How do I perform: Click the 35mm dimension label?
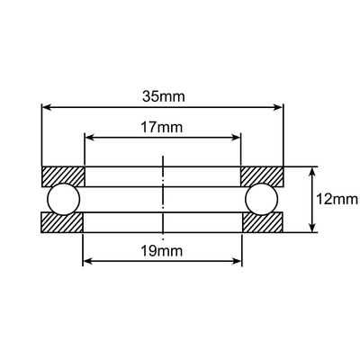click(x=163, y=93)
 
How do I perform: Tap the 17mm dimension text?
click(x=163, y=128)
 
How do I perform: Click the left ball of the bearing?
click(x=64, y=199)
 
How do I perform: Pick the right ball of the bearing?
click(x=262, y=199)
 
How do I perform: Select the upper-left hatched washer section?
click(x=63, y=175)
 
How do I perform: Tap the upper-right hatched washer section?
click(x=263, y=175)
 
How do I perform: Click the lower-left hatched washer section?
click(x=63, y=223)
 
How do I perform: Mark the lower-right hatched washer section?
click(x=263, y=223)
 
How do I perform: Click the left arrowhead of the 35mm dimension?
click(x=47, y=107)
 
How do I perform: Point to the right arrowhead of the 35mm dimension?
click(x=279, y=107)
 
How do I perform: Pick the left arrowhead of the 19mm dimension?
click(x=87, y=263)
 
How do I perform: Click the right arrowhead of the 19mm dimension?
click(x=238, y=263)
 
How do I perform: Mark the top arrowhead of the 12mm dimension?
click(x=311, y=171)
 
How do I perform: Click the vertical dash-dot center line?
click(x=163, y=193)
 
